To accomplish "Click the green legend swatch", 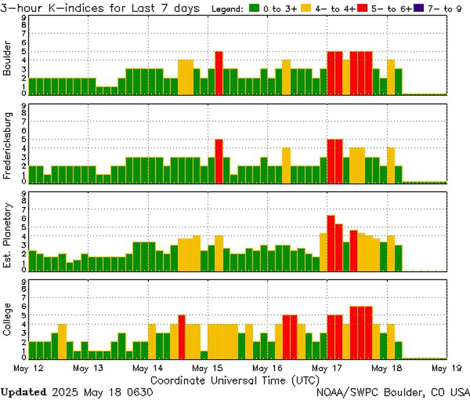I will (255, 8).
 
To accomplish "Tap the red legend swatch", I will (363, 8).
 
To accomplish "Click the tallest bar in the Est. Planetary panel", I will (331, 243).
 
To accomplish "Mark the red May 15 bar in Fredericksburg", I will (219, 161).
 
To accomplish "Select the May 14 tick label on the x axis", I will (148, 369).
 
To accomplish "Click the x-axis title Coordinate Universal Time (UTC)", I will (235, 380).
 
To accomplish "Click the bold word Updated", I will (23, 392).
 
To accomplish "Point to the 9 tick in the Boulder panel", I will (24, 17).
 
